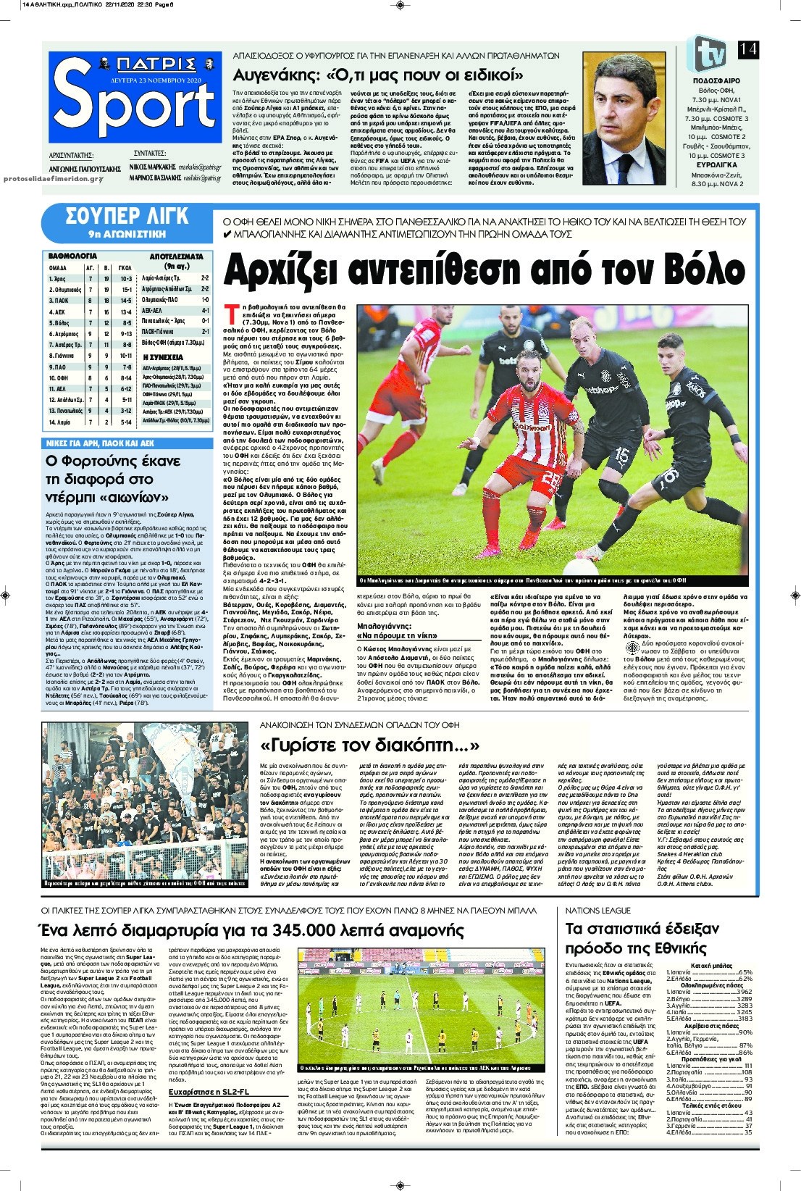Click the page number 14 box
click(747, 50)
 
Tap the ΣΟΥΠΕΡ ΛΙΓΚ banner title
click(127, 216)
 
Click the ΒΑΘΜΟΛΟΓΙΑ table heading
click(72, 256)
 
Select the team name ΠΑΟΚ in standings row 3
click(60, 300)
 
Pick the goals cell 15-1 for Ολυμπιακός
click(126, 289)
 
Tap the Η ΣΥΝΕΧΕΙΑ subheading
click(163, 357)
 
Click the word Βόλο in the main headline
click(695, 270)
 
